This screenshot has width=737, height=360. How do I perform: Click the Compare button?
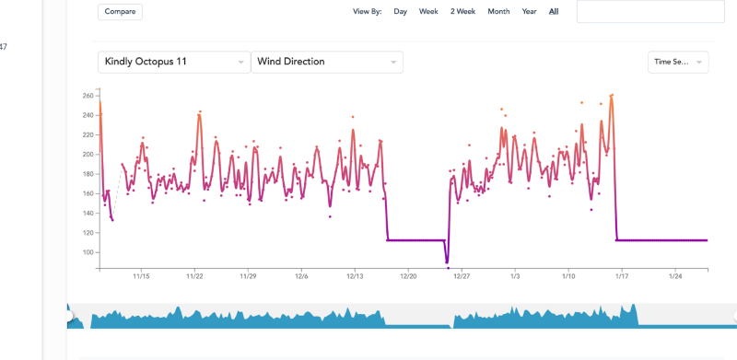coord(120,12)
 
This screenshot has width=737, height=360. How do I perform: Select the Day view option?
coord(401,12)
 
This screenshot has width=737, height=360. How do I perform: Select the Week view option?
coord(428,12)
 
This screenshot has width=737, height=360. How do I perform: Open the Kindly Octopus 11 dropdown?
coord(174,62)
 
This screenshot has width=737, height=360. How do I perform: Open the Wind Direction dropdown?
coord(327,62)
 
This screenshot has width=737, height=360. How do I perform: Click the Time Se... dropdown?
coord(677,62)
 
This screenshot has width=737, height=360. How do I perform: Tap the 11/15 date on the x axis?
coord(141,275)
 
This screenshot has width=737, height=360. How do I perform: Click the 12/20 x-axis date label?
coord(407,275)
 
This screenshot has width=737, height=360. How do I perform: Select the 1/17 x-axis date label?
coord(622,275)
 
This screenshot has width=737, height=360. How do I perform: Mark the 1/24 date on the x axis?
coord(674,275)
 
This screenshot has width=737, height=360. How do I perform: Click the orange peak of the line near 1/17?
coord(612,95)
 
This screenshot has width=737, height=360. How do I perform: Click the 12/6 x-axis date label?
coord(301,275)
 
